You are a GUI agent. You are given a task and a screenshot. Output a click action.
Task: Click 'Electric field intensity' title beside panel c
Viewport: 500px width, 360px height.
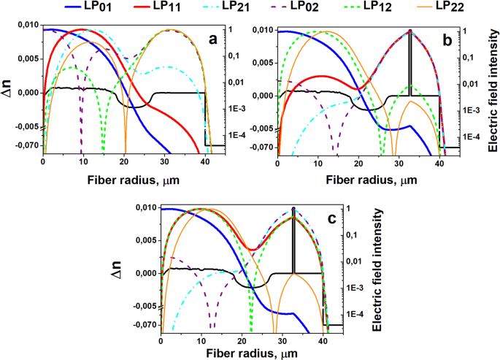(377, 269)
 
